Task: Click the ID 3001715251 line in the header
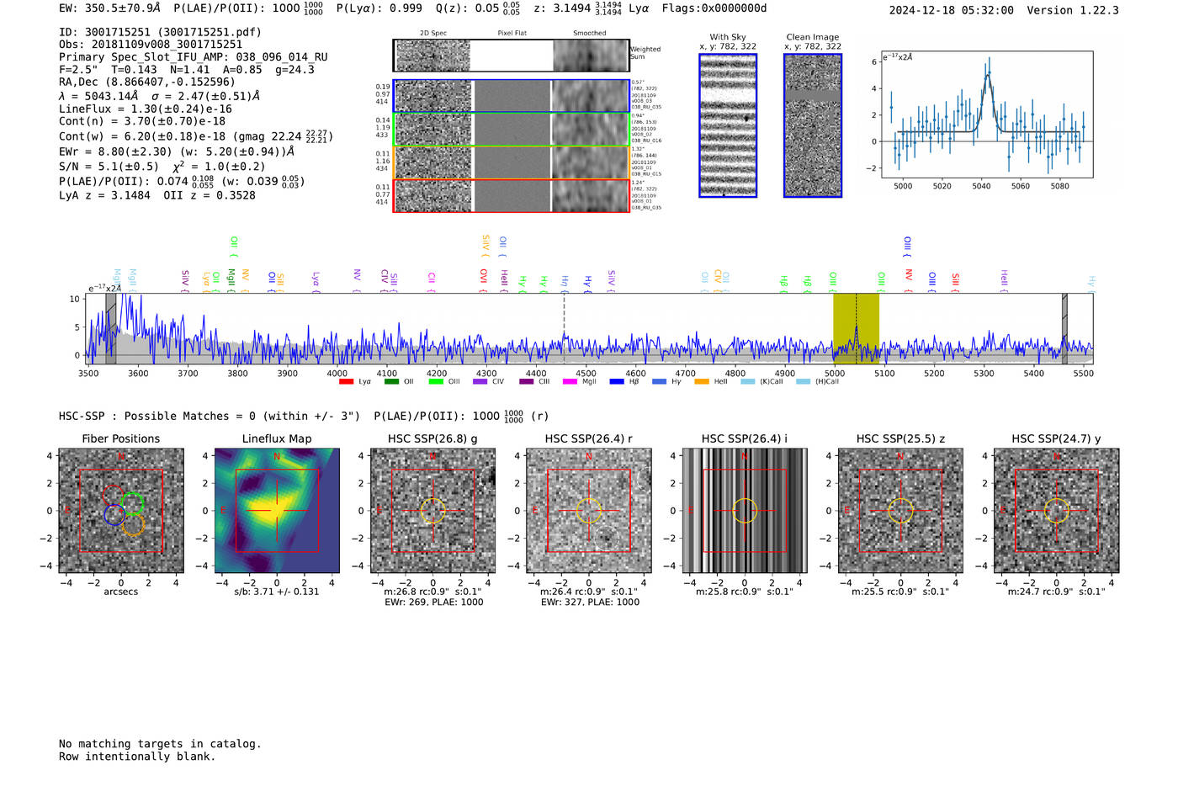click(160, 32)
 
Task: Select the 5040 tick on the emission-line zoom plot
click(981, 186)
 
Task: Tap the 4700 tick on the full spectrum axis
click(685, 373)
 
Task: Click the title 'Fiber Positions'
click(120, 438)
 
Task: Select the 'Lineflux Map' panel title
click(277, 438)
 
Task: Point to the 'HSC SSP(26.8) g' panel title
click(432, 438)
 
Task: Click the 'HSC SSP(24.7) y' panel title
click(1056, 438)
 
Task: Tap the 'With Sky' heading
click(728, 37)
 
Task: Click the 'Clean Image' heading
click(813, 37)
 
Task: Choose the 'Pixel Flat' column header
click(512, 33)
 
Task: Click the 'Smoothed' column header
click(589, 33)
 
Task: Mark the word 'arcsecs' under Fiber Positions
click(120, 592)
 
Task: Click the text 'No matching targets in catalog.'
click(160, 744)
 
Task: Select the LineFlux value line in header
click(145, 109)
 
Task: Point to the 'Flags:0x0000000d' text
click(714, 8)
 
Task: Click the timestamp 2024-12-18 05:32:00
click(951, 10)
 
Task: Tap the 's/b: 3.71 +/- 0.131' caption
click(277, 592)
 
